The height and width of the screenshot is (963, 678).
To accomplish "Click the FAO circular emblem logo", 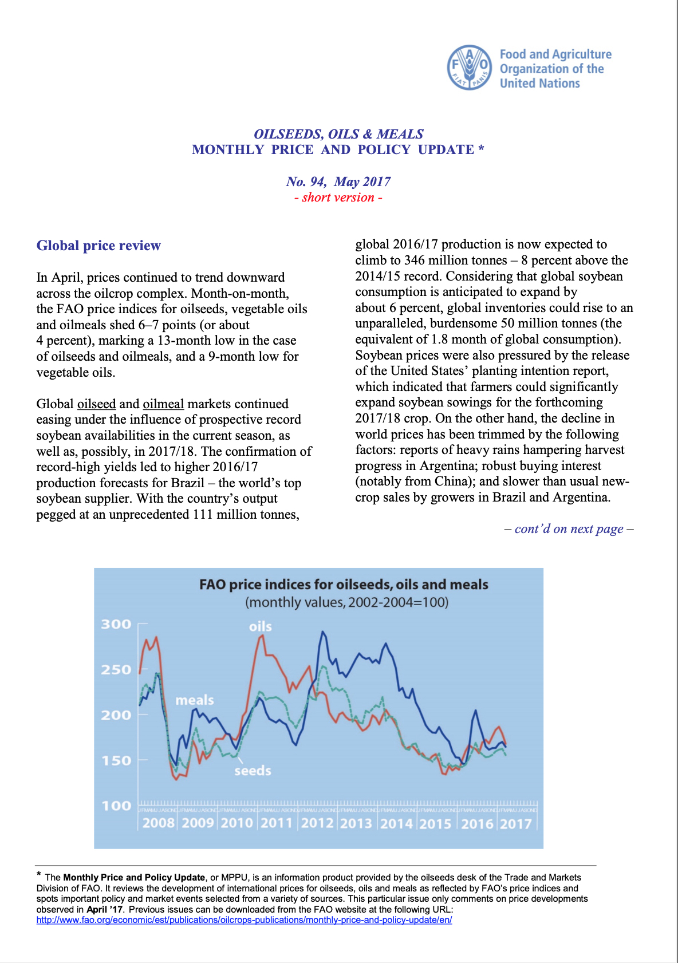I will [470, 68].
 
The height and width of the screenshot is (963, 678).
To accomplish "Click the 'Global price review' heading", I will [98, 246].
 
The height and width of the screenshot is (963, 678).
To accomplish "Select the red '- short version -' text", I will [338, 198].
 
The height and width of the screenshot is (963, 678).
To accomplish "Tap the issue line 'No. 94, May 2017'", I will [338, 181].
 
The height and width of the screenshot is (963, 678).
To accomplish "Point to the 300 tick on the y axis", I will [116, 624].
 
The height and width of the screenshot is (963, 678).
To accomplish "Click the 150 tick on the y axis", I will [116, 760].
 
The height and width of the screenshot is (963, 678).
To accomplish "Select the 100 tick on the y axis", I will [116, 806].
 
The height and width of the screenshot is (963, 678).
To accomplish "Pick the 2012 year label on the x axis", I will [317, 823].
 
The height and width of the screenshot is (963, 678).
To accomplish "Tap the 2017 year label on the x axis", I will [516, 823].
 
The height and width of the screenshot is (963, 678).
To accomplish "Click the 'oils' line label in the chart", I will [260, 626].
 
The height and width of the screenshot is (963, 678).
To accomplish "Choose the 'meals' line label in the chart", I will [195, 700].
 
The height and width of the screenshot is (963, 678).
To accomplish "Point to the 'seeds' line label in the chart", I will [253, 771].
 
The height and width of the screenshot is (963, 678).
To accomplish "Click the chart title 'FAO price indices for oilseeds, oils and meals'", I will [344, 585].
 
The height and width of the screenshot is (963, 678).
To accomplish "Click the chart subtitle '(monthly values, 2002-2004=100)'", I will [346, 602].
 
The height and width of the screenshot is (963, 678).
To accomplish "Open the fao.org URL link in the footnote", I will [244, 920].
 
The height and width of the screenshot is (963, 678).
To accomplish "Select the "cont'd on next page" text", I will [569, 529].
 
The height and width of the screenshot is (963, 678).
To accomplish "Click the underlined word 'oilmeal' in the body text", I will [163, 404].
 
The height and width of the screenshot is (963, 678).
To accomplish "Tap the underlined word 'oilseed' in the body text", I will [96, 404].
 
